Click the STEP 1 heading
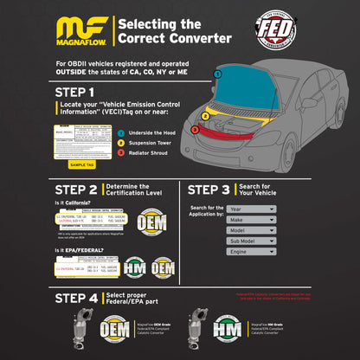[x=76, y=90]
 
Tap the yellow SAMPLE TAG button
[x=82, y=164]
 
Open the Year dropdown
[x=251, y=208]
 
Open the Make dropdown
[x=251, y=219]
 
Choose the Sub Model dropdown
[x=251, y=241]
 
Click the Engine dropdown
[x=251, y=253]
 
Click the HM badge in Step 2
[x=133, y=266]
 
